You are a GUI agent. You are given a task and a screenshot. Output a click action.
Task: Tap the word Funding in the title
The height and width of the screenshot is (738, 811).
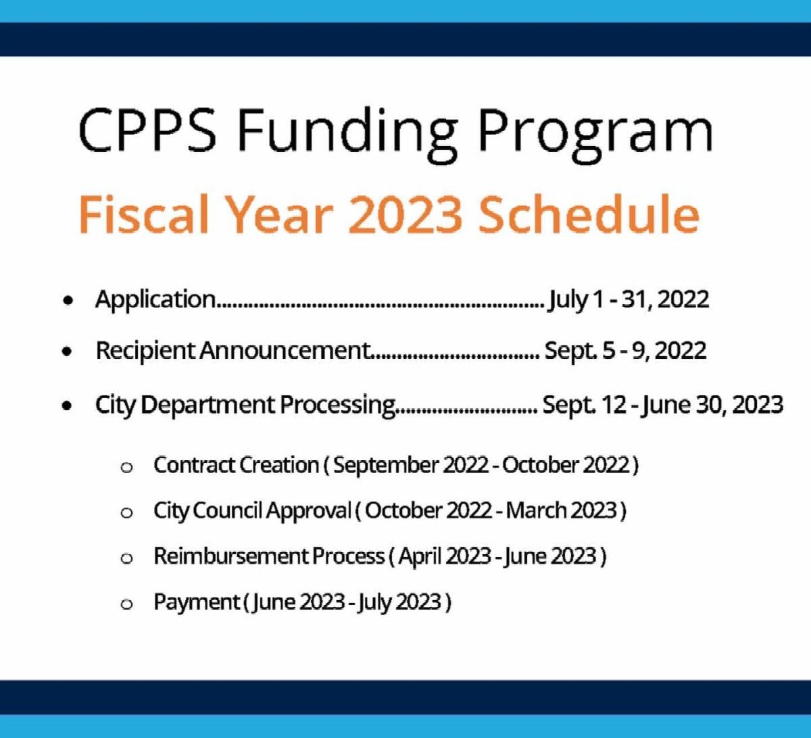(x=347, y=135)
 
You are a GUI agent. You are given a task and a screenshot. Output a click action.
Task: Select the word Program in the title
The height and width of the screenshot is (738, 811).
(x=595, y=135)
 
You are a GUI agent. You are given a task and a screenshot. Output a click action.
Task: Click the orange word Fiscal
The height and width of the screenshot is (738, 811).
(x=144, y=214)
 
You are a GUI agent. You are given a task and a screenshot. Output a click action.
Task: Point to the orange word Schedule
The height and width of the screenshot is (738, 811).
(x=589, y=214)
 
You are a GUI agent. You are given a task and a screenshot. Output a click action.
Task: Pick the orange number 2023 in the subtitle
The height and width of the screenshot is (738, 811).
(x=405, y=214)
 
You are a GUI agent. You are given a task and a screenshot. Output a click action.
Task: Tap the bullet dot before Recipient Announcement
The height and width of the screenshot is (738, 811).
(x=67, y=351)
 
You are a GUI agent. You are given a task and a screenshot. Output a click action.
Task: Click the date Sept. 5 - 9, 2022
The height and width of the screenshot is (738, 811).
(x=625, y=351)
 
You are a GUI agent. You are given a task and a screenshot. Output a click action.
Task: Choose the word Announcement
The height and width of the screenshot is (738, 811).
(x=285, y=350)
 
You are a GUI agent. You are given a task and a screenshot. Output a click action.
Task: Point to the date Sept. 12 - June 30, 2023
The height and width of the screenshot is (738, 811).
(x=663, y=405)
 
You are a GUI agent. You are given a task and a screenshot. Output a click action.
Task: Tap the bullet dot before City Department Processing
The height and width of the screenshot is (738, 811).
(x=67, y=405)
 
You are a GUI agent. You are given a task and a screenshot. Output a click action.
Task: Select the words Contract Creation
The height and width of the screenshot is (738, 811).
(x=236, y=465)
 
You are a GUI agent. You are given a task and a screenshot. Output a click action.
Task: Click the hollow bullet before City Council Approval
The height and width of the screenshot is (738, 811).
(x=126, y=513)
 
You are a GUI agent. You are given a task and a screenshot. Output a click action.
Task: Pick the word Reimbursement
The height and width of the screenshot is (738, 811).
(x=231, y=556)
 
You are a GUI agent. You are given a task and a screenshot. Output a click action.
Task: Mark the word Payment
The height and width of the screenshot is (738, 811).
(x=197, y=602)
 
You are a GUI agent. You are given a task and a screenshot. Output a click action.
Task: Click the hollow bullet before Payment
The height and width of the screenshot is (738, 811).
(x=126, y=604)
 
